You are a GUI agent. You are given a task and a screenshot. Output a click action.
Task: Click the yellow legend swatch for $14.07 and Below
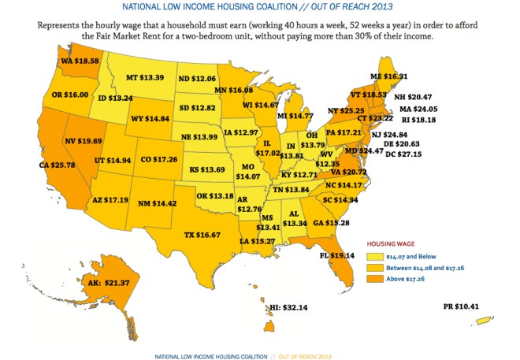pyautogui.click(x=377, y=256)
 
